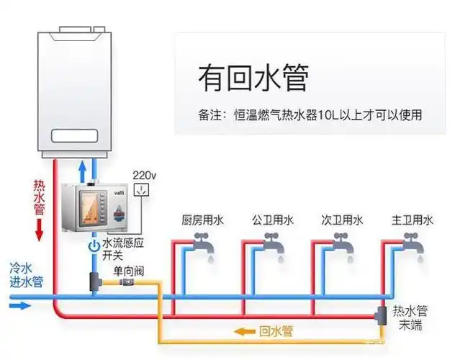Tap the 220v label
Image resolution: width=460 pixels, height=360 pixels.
145,175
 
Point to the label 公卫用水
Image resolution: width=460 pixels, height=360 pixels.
272,220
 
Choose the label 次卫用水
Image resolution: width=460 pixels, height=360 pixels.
342,220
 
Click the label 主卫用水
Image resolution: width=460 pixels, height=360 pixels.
412,220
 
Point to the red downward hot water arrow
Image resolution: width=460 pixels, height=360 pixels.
40,230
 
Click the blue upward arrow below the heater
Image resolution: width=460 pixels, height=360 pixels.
84,170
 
